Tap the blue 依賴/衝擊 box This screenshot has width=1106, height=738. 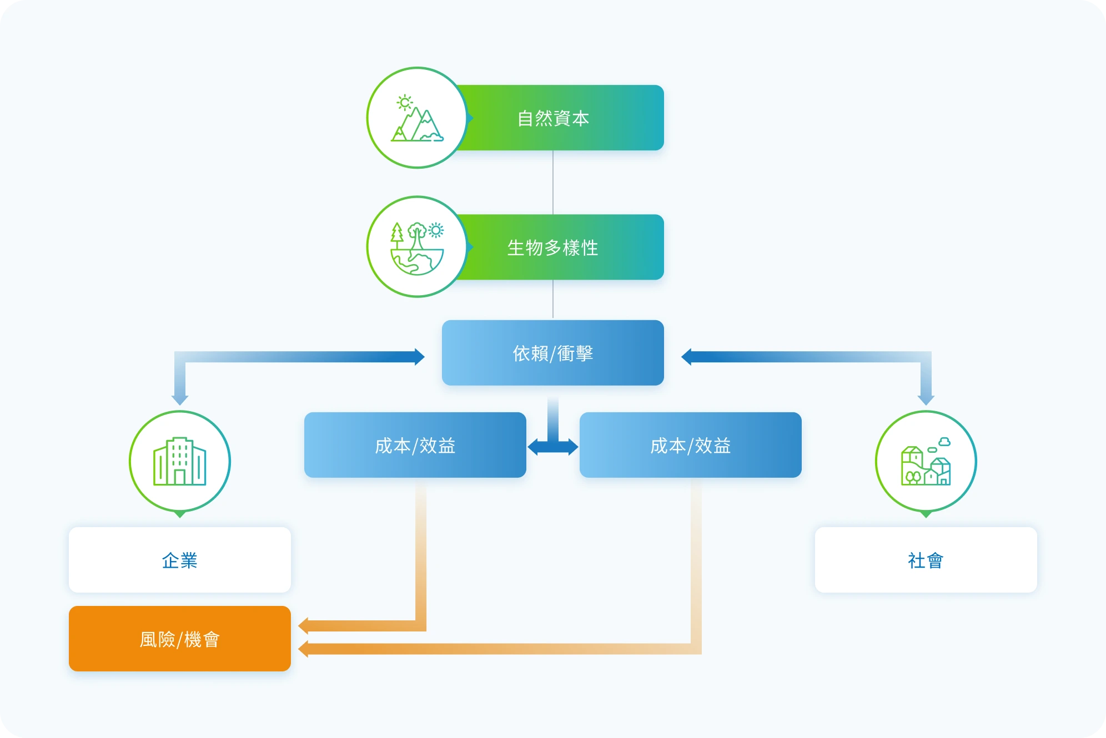[553, 353]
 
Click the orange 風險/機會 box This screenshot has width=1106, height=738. [180, 639]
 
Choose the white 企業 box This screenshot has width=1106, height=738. [180, 560]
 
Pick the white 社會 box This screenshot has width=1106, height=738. [926, 560]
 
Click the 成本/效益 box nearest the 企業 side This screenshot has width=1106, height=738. [415, 445]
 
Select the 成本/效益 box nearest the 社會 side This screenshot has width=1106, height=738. [691, 445]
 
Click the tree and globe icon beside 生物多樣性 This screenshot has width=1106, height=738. [417, 248]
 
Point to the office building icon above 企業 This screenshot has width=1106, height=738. [180, 461]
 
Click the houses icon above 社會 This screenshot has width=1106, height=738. [926, 461]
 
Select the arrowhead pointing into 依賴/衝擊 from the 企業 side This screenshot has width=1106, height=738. [420, 357]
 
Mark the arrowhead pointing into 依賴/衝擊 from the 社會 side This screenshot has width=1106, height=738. [686, 357]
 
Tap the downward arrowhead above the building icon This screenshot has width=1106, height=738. [180, 400]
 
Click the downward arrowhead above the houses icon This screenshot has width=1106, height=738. [926, 400]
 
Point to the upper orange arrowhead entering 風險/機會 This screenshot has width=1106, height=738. [303, 626]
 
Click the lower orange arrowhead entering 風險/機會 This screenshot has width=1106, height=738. [303, 649]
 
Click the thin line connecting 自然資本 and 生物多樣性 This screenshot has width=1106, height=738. [553, 183]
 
